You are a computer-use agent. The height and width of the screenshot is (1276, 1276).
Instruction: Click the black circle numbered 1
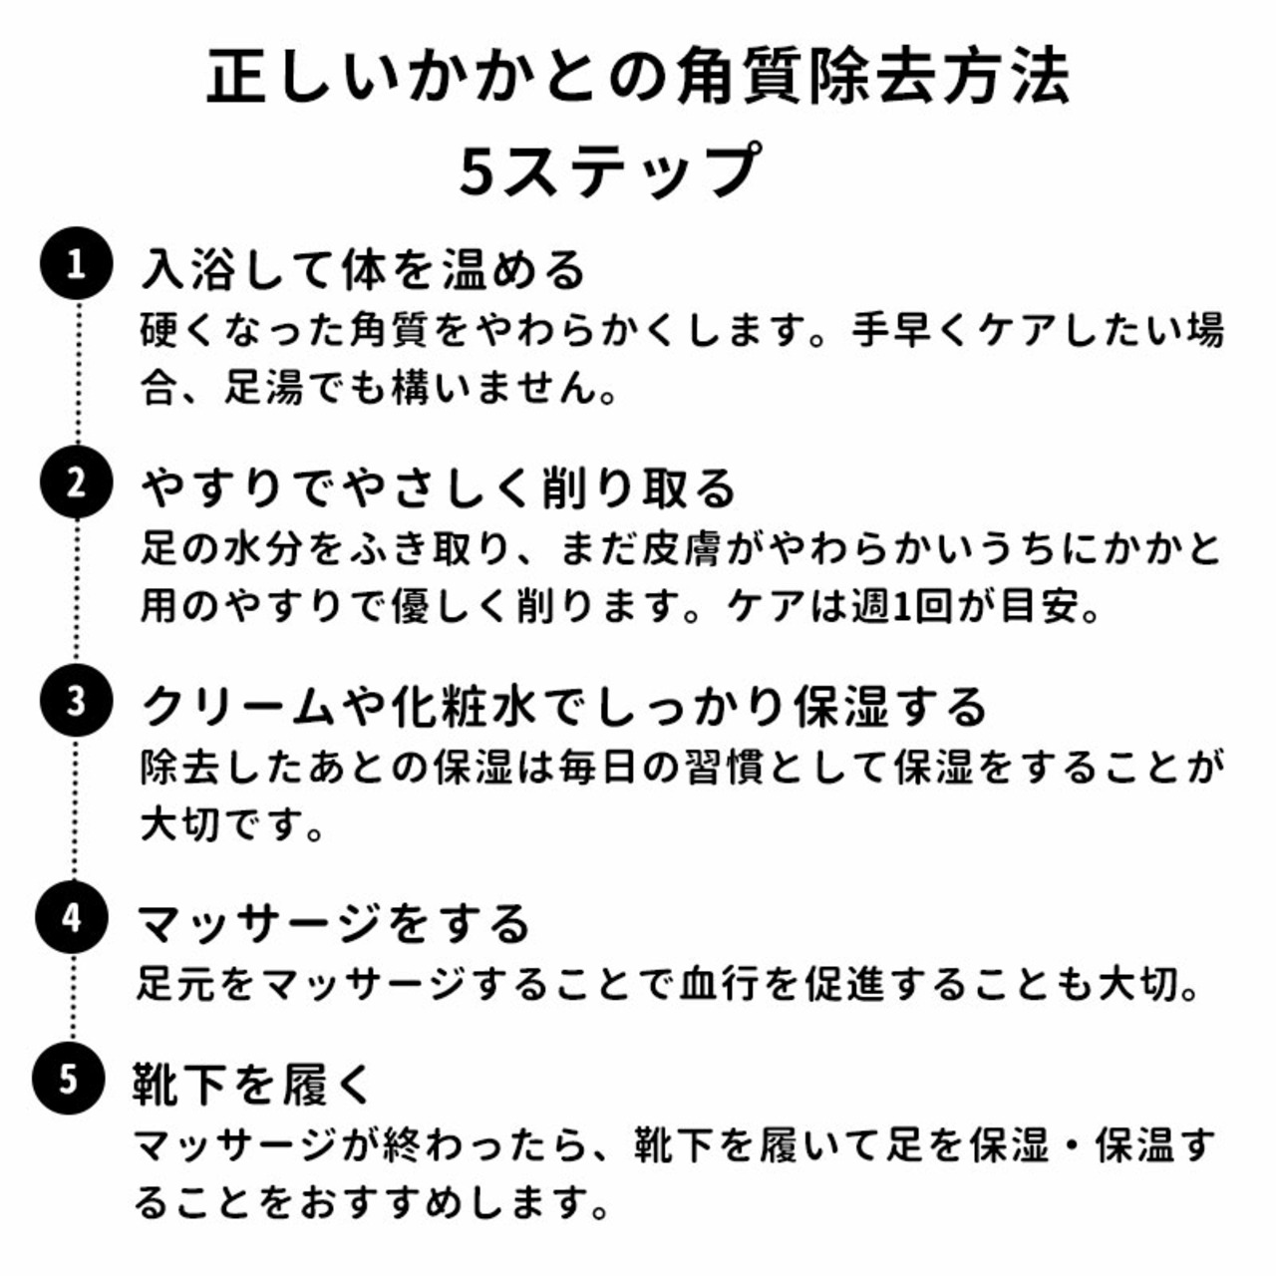[76, 263]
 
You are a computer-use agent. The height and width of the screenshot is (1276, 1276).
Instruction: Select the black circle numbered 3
[75, 701]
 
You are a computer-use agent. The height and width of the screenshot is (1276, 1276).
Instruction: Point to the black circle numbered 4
[72, 918]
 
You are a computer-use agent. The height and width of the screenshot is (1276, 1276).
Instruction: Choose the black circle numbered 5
[69, 1079]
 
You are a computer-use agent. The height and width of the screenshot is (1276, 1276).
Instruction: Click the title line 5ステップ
[609, 170]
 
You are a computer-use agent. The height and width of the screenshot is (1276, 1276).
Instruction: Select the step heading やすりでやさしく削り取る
[439, 488]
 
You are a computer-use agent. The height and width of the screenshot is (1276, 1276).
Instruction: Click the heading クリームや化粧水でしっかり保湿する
[564, 707]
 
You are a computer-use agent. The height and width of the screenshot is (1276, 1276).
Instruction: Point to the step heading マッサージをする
[333, 924]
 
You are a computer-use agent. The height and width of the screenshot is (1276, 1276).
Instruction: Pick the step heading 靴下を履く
[251, 1084]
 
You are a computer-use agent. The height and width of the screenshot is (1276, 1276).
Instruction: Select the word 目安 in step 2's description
[1039, 606]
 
